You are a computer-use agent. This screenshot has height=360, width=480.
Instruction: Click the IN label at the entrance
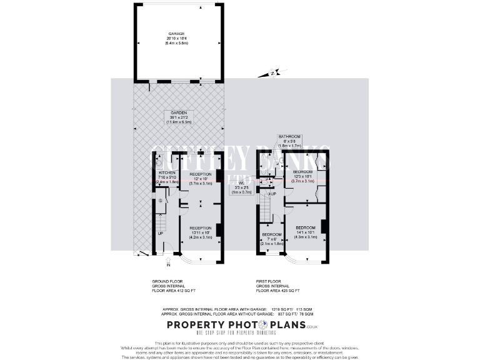(151, 265)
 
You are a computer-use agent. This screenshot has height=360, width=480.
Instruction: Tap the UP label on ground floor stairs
(160, 233)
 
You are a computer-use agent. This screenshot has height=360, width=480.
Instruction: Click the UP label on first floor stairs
(273, 194)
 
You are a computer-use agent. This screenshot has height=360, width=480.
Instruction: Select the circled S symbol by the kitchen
(160, 201)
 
